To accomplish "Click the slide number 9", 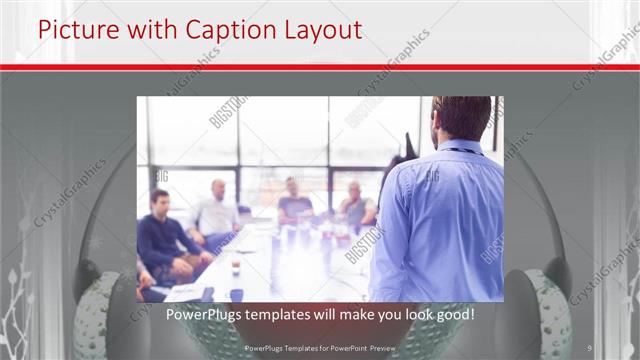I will (591, 347).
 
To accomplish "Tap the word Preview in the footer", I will (381, 347).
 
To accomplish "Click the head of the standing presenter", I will (462, 118).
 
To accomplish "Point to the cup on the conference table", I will (235, 267).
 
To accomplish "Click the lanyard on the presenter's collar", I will (457, 150).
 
